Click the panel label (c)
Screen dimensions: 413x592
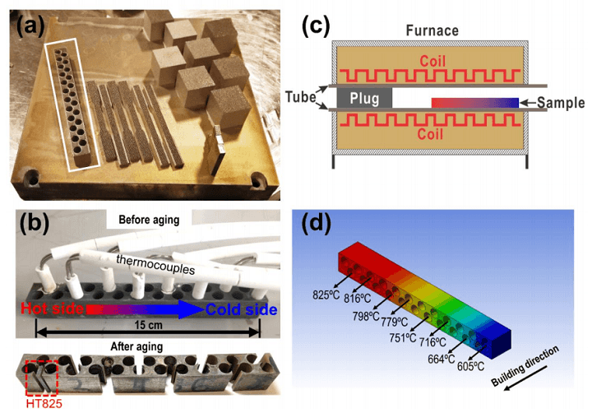[317, 24]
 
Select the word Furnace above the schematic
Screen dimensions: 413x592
[432, 30]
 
